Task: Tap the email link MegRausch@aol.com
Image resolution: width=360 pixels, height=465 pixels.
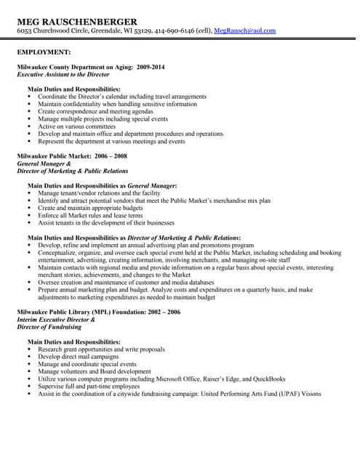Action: (x=244, y=31)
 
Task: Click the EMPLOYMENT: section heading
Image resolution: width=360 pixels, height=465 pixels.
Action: (x=44, y=52)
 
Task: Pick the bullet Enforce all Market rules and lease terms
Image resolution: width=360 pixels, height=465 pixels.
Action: (x=90, y=216)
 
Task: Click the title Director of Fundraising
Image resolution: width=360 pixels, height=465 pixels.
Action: (x=49, y=327)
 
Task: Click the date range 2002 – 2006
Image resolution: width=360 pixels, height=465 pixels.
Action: (x=164, y=312)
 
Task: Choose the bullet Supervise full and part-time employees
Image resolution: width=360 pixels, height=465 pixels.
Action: (x=89, y=387)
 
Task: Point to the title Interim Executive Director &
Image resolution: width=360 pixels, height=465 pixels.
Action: (x=56, y=320)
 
